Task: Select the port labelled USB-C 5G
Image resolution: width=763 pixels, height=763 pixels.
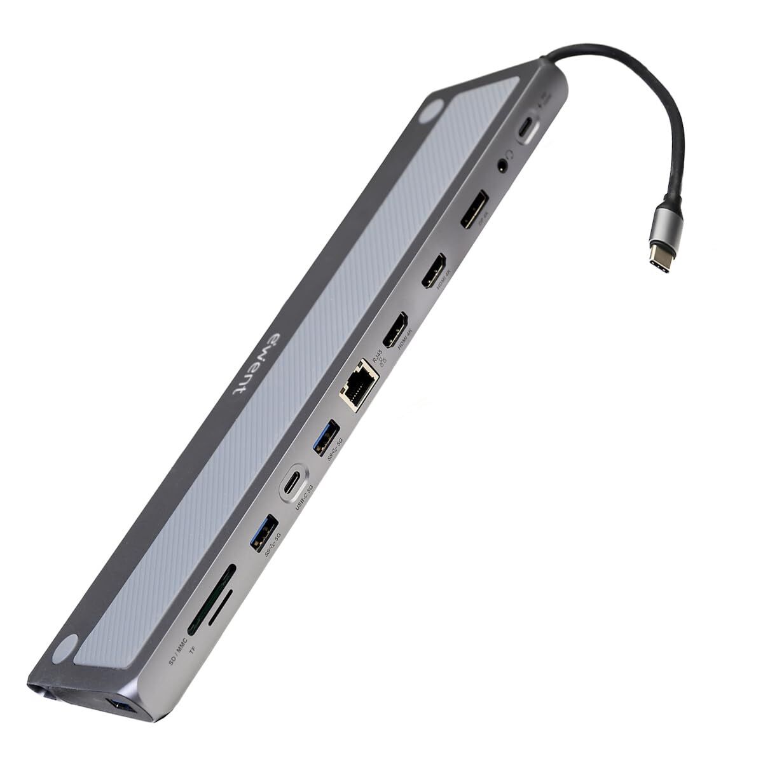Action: coord(294,478)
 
